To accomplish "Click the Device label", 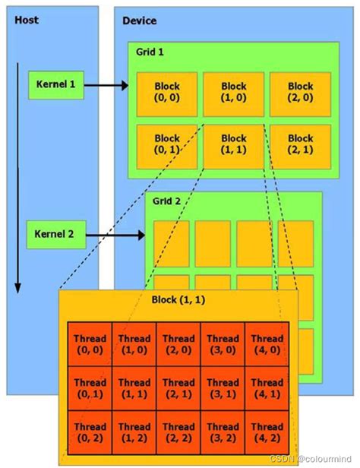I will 140,21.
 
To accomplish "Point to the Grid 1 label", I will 150,52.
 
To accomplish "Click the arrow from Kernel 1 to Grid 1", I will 106,85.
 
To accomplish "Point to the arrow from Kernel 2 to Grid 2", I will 114,235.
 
